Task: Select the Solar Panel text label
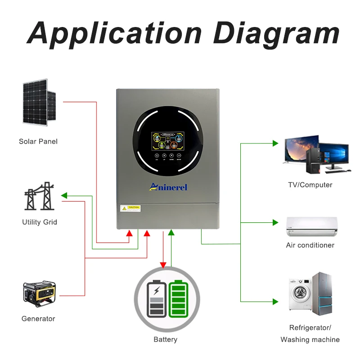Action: [x=38, y=141]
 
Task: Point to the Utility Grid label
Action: [x=40, y=222]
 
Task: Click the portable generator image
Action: [x=39, y=293]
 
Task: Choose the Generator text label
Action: [x=38, y=319]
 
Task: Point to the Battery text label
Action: [x=165, y=339]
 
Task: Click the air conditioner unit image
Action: [x=311, y=226]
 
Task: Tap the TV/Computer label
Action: [x=310, y=185]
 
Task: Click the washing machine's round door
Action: [x=298, y=294]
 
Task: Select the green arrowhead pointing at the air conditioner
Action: [x=275, y=222]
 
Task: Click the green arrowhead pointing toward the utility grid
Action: [x=64, y=196]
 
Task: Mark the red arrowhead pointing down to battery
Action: [x=163, y=265]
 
